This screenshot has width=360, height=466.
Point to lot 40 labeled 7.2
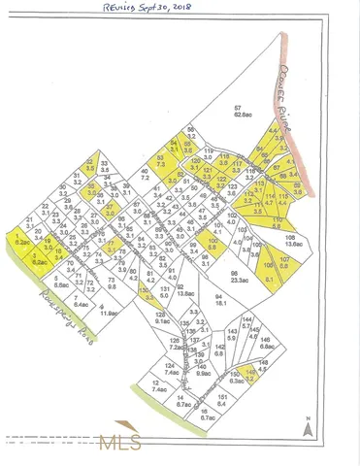(144, 176)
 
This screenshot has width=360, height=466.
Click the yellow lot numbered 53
(161, 162)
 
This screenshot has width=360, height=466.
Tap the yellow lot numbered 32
(91, 165)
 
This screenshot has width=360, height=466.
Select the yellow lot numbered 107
(284, 261)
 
